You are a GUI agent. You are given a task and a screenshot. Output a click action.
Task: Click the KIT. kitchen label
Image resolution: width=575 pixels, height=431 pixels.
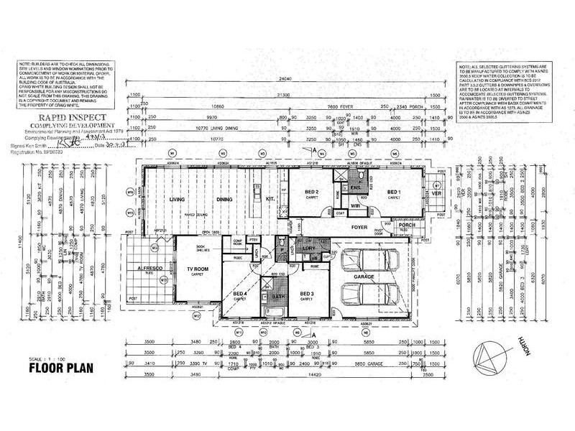pyautogui.click(x=271, y=198)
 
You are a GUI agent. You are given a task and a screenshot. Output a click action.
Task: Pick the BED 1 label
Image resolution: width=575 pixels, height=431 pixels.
pyautogui.click(x=394, y=193)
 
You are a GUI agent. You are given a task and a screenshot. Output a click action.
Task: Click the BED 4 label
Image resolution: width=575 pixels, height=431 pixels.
pyautogui.click(x=239, y=295)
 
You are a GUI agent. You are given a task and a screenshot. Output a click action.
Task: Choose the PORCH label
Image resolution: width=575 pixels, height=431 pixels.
pyautogui.click(x=407, y=227)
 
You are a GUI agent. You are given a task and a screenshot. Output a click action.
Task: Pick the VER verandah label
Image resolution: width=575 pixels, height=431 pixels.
pyautogui.click(x=436, y=193)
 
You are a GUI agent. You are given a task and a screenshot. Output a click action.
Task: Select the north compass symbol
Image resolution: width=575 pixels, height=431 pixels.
pyautogui.click(x=491, y=356)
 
